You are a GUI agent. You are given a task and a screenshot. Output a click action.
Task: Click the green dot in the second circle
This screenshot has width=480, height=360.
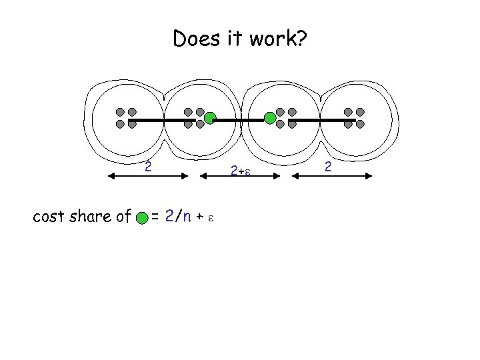click(209, 119)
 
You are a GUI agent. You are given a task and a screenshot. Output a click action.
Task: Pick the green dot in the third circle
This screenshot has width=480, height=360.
click(269, 119)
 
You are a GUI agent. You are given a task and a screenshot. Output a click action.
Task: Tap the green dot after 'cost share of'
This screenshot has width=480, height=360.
click(141, 217)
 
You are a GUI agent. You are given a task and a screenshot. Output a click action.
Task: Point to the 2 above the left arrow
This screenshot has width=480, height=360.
click(149, 166)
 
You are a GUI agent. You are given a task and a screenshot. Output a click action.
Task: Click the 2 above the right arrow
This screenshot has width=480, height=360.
click(329, 166)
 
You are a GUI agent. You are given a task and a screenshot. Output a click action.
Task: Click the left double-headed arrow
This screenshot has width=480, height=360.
click(149, 176)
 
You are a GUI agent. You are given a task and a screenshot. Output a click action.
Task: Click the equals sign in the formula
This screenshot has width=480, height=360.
click(155, 216)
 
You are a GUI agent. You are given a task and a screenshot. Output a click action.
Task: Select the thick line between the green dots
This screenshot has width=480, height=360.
click(239, 119)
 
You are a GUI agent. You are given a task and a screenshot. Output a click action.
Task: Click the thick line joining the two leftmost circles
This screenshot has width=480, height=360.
click(160, 119)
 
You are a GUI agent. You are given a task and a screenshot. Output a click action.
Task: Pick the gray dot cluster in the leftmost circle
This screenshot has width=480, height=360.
click(126, 118)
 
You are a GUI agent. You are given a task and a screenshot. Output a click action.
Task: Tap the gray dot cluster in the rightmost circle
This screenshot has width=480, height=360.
click(354, 118)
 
